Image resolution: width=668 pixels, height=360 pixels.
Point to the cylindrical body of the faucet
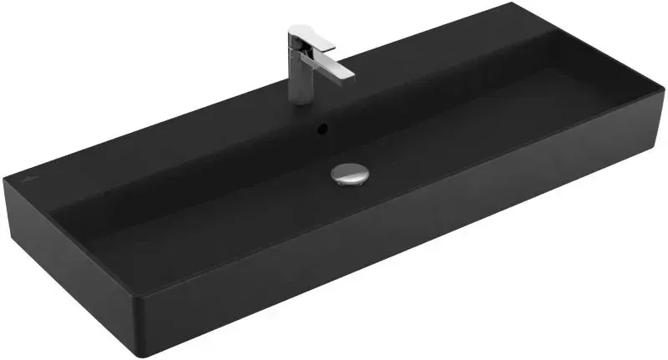300,80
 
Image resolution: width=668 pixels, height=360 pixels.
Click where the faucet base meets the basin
301,101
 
